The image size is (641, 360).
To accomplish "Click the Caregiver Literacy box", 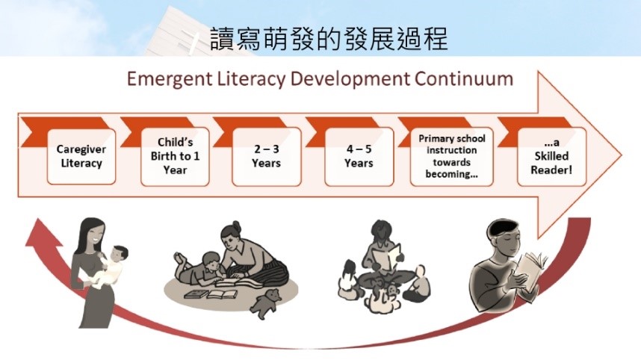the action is coord(81,157).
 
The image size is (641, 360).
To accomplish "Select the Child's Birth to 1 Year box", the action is coord(175,157).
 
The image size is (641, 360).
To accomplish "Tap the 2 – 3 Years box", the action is coord(267,157).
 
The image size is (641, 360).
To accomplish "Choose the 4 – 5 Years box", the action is coord(359,157).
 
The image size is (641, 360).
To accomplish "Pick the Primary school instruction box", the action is coord(452,157).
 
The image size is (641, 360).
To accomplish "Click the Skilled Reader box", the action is coord(551,157).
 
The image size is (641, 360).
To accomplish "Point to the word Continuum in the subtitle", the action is coord(464,78).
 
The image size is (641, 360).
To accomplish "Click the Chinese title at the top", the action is coord(329,39).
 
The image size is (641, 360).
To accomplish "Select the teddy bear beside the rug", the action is coord(266,303).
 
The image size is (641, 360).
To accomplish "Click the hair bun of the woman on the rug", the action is coord(236,226).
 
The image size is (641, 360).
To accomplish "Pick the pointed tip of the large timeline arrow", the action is coord(622,155).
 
